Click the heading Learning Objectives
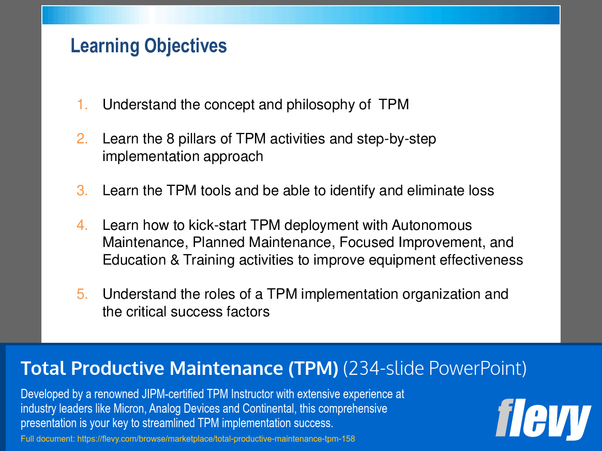[x=148, y=46]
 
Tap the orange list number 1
[x=82, y=105]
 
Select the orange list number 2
[x=82, y=139]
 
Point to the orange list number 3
[x=82, y=191]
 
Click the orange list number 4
[x=82, y=225]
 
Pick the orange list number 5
[x=82, y=294]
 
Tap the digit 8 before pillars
[x=171, y=139]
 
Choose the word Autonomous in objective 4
[x=432, y=225]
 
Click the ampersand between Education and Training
[x=175, y=260]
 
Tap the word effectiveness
[x=481, y=260]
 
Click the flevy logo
[x=543, y=419]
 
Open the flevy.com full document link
[x=216, y=439]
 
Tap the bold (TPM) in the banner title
[x=313, y=368]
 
